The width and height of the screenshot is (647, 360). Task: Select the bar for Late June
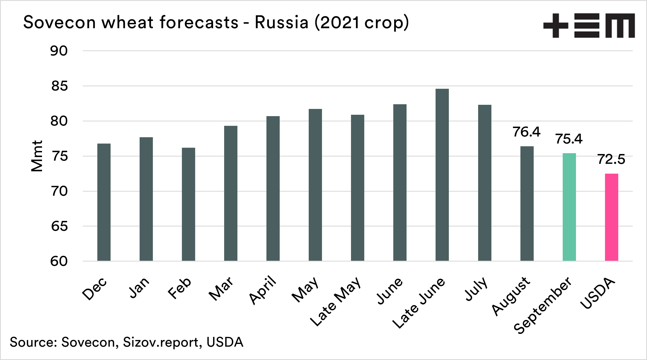click(442, 175)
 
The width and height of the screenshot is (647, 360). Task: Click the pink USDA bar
click(612, 217)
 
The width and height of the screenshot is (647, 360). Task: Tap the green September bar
click(569, 207)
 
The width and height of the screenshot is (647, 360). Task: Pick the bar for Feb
click(188, 204)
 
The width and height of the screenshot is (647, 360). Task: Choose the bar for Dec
click(104, 202)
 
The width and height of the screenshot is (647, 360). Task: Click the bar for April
click(273, 188)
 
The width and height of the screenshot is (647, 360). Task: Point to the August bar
click(527, 204)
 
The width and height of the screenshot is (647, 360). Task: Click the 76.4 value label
click(526, 132)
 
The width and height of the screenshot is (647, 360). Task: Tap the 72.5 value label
click(611, 159)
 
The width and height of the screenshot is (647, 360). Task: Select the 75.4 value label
click(569, 139)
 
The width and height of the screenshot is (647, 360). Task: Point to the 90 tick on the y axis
click(59, 51)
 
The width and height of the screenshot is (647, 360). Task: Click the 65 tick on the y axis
click(59, 226)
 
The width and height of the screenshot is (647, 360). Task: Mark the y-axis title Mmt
click(37, 156)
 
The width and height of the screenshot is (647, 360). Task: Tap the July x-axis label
click(476, 289)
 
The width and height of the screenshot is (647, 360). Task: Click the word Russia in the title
click(281, 22)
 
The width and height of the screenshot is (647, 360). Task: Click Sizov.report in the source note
click(161, 342)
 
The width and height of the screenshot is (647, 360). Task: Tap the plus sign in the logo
click(556, 26)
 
